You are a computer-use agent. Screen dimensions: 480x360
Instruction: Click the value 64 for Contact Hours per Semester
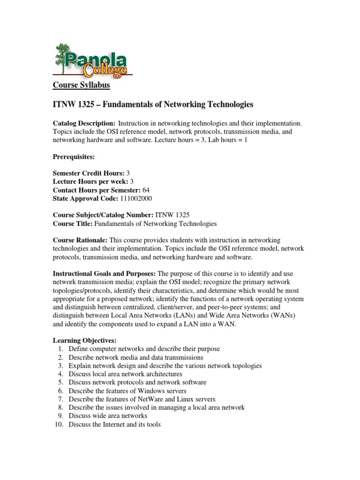[x=146, y=190]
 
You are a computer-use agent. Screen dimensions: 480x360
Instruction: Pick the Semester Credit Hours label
[x=88, y=173]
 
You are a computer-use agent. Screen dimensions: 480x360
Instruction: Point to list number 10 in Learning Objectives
[x=59, y=425]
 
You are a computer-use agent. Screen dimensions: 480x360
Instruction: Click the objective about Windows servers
[x=127, y=391]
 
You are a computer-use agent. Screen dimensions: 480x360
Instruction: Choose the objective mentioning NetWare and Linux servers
[x=142, y=399]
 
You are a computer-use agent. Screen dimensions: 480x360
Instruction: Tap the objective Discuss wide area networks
[x=108, y=416]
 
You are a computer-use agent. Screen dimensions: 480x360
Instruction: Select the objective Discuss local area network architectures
[x=125, y=374]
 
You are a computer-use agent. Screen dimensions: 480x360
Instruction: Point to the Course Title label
[x=70, y=224]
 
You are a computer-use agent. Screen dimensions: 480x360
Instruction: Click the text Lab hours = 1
[x=229, y=140]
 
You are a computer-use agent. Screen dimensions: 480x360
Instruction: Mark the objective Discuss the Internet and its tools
[x=114, y=425]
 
